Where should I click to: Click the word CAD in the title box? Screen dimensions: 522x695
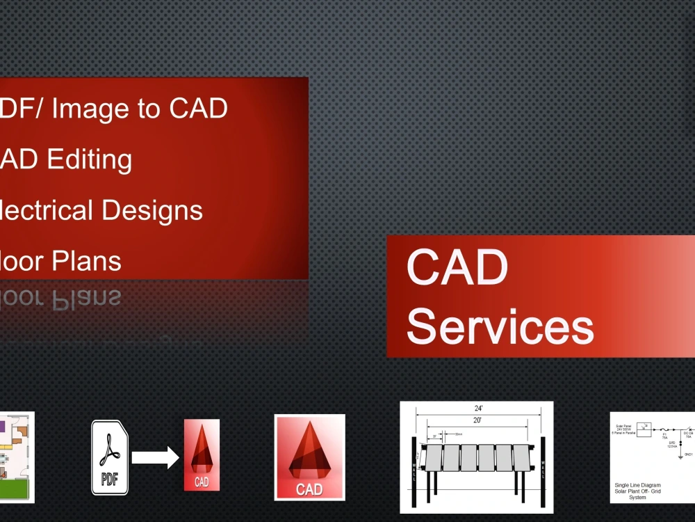tap(457, 268)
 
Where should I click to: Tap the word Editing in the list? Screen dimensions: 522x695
tap(90, 159)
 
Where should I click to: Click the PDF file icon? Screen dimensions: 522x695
tap(110, 457)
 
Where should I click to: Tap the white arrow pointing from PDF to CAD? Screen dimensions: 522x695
tap(155, 457)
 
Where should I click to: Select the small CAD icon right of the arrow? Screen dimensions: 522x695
tap(202, 454)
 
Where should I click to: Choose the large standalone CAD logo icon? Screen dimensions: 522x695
tap(309, 457)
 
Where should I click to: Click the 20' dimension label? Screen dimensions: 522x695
tap(477, 420)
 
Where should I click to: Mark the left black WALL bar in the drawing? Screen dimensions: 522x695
tap(414, 463)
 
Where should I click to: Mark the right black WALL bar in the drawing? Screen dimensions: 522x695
tap(543, 463)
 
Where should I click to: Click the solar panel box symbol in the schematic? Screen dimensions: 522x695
tap(644, 427)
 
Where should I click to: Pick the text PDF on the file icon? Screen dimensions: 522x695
tap(109, 480)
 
